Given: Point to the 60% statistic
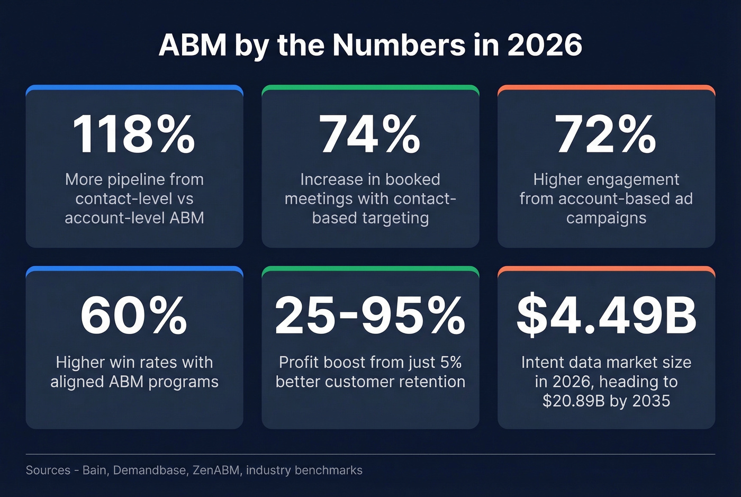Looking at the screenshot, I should point(134,316).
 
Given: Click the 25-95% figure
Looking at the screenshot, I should point(370,316).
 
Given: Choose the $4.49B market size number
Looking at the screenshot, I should point(607,316).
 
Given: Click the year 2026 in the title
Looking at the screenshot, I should point(545,45).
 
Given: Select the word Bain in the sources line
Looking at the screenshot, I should point(95,470).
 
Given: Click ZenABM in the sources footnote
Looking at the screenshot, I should point(216,470).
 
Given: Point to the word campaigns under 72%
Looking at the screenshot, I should point(606,218).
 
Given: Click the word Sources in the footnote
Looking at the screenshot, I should point(48,470).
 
